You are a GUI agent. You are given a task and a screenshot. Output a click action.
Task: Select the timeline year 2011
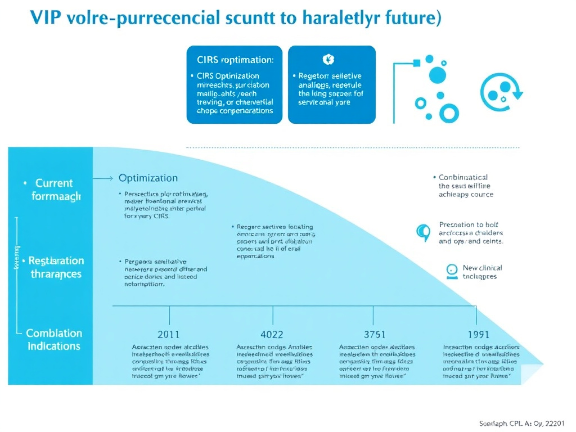click(x=169, y=335)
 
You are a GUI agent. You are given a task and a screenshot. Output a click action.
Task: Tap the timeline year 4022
click(x=273, y=335)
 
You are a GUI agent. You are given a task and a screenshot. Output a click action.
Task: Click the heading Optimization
click(x=148, y=178)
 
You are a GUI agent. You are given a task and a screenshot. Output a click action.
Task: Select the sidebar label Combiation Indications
click(x=54, y=340)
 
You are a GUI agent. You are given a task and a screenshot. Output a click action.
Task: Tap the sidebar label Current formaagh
click(x=55, y=190)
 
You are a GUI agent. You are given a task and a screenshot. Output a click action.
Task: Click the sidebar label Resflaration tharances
click(x=56, y=267)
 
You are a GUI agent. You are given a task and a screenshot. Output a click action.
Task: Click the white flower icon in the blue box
click(x=328, y=59)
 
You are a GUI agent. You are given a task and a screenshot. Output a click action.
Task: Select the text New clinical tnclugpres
click(x=481, y=272)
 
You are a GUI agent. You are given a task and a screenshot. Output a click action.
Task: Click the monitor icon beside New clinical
click(x=451, y=271)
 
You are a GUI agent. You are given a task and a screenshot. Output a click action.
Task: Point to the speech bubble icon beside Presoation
click(x=422, y=232)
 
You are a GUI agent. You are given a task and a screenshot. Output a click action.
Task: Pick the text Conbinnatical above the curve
click(x=463, y=178)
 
